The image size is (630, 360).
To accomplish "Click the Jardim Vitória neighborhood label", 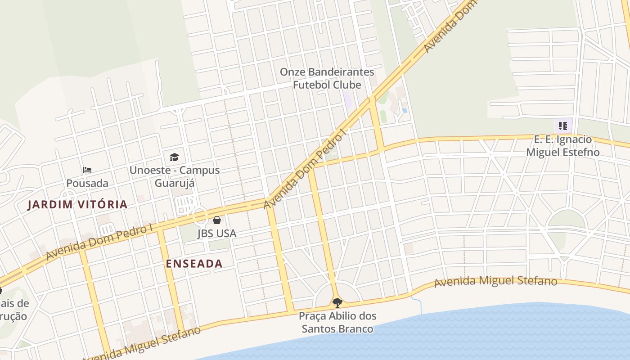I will pos(77,204).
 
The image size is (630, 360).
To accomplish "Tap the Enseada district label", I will pos(194,264).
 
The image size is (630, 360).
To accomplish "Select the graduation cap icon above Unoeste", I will pos(174,157).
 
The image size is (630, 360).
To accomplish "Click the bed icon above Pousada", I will pos(87,170).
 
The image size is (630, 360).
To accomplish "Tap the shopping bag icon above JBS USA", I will pos(217,220).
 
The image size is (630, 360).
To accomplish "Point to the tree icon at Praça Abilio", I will pos(337,302).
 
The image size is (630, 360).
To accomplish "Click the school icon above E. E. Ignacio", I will pos(562,126).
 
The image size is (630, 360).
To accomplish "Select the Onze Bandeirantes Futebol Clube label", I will pos(327,78).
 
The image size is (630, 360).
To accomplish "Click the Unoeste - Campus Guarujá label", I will pos(175,176).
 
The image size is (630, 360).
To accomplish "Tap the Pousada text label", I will pos(87,183).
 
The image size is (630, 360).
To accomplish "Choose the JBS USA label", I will pos(216,234).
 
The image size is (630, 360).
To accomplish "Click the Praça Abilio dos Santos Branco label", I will pos(337,322).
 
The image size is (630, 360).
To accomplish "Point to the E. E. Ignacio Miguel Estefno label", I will pos(562,146).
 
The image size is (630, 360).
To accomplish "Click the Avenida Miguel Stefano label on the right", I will pos(495,282).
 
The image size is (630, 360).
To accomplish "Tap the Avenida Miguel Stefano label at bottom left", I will pos(144,344).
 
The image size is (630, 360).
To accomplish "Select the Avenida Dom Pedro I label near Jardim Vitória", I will pos(99,242).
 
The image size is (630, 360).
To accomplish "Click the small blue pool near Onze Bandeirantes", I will pos(405,110).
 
